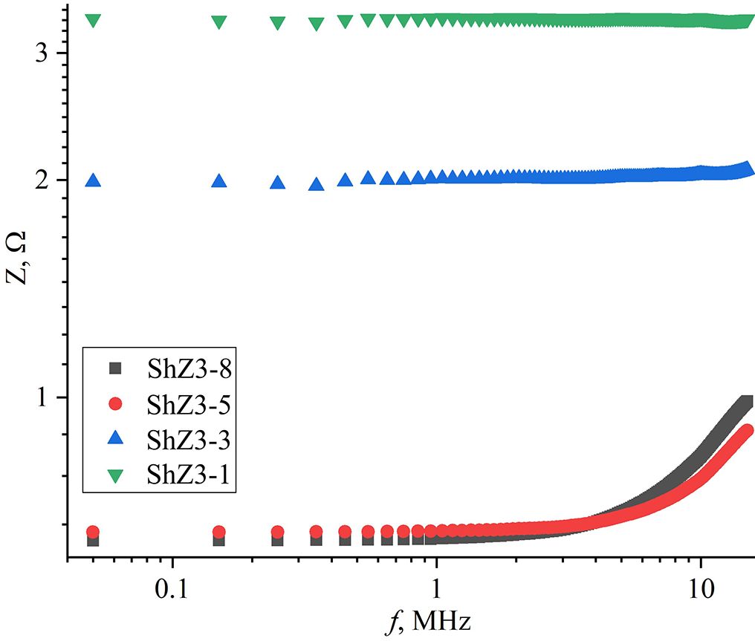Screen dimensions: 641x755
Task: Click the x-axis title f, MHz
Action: [x=427, y=620]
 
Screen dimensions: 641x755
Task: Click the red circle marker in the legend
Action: [x=114, y=405]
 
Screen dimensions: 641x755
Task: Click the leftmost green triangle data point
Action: [x=93, y=20]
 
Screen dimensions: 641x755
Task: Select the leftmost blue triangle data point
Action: [x=93, y=180]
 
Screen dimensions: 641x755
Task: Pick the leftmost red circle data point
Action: [x=93, y=532]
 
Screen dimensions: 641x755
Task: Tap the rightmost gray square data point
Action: [x=747, y=403]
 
